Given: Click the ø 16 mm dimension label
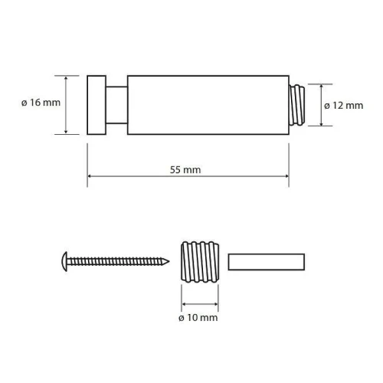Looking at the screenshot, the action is click(x=41, y=103).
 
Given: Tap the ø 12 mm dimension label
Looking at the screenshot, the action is click(x=344, y=106).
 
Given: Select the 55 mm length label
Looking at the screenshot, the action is click(x=185, y=170).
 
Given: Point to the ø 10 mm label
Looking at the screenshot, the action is click(x=198, y=318).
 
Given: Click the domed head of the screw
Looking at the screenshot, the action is click(x=64, y=261).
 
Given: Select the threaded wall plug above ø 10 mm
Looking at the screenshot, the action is click(x=200, y=262).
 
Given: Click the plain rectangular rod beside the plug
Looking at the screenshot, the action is click(x=267, y=262).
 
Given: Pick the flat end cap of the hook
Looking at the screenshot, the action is click(x=97, y=105).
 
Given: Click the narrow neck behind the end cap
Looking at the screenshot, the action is click(x=116, y=105).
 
